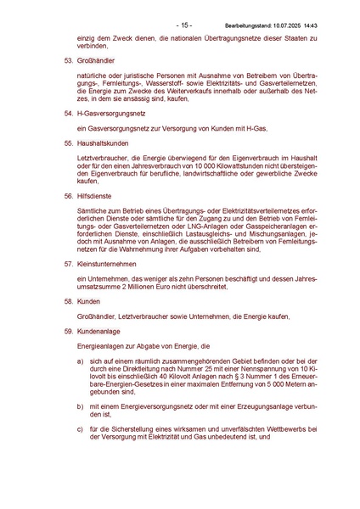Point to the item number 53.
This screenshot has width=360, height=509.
click(x=69, y=62)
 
